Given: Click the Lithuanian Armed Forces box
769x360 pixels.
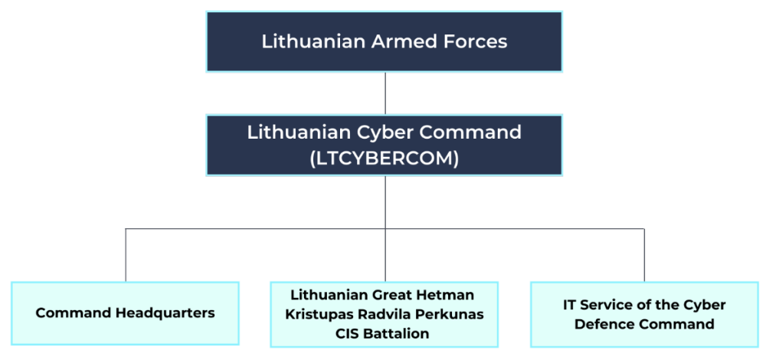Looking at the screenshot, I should tap(384, 41).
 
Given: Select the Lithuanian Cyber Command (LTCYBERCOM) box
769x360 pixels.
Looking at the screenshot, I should tap(384, 145).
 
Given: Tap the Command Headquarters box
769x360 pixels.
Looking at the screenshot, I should tap(125, 313).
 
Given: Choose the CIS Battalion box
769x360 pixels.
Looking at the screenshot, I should tap(384, 314).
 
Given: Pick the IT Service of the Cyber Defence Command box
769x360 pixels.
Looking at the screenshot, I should tap(644, 314).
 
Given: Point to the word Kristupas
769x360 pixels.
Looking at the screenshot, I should tap(316, 314).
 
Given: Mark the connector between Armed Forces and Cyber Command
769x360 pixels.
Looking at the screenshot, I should tap(384, 93).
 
